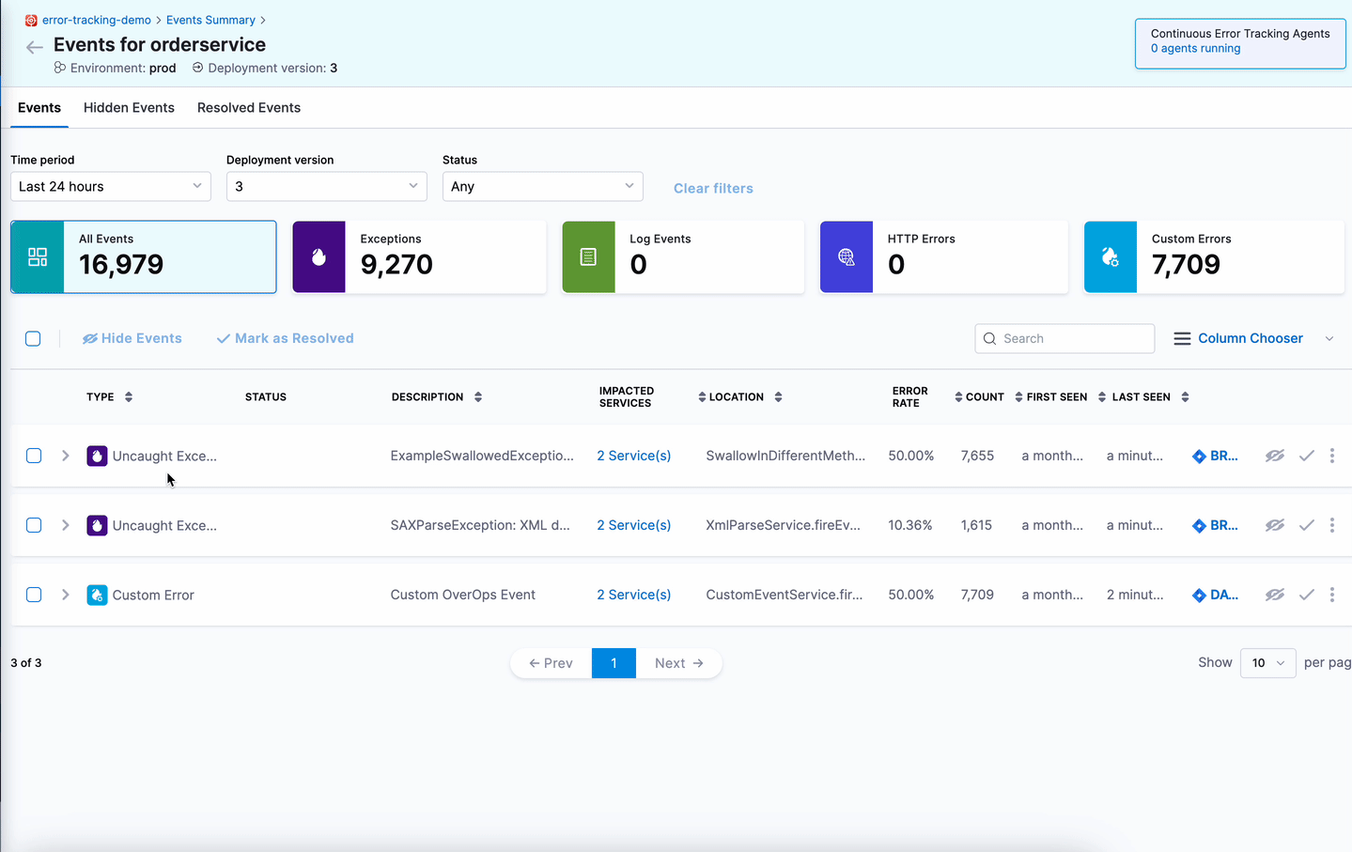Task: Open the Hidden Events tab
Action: click(129, 108)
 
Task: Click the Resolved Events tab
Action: click(249, 108)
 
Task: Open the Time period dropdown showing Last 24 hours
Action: click(111, 186)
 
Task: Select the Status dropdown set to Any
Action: click(542, 186)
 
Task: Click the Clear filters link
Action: click(713, 188)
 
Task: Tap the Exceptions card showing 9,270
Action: click(419, 256)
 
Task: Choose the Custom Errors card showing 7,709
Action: click(1214, 256)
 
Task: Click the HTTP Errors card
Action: click(943, 256)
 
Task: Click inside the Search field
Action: click(1071, 338)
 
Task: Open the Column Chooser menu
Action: click(1250, 338)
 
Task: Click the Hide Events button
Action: click(132, 338)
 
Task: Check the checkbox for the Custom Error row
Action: click(34, 595)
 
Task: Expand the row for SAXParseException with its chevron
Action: click(66, 525)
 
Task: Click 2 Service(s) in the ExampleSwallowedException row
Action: click(634, 456)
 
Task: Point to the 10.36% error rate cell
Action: click(910, 525)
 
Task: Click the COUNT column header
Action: click(984, 397)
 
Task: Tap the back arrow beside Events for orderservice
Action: click(35, 47)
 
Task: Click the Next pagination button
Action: click(678, 663)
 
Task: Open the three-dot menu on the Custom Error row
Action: click(1331, 595)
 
